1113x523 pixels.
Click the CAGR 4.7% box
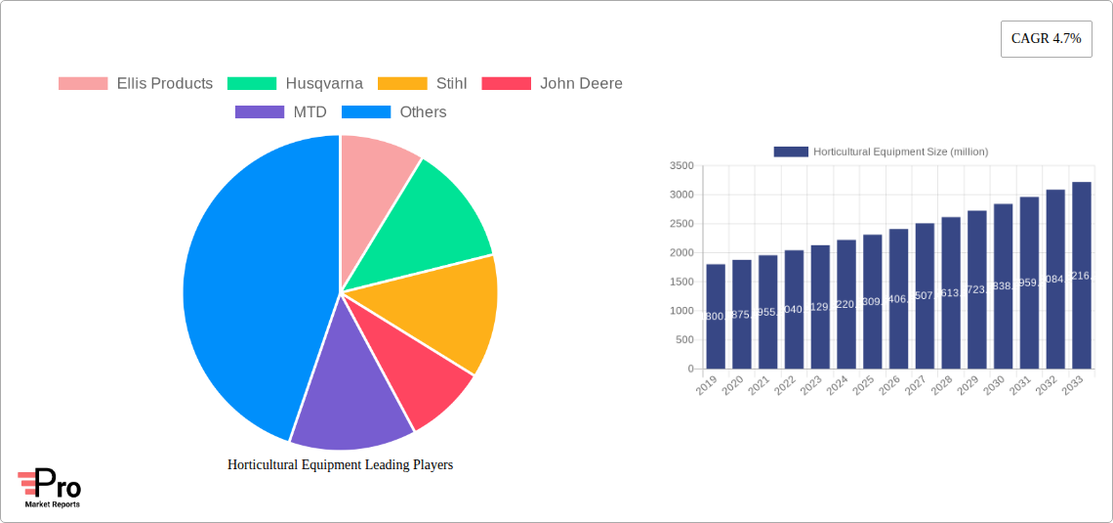pyautogui.click(x=1046, y=39)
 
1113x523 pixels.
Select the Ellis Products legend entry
pyautogui.click(x=136, y=84)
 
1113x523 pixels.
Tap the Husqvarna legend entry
pyautogui.click(x=296, y=84)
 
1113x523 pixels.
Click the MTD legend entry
pyautogui.click(x=281, y=112)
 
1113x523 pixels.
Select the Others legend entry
pyautogui.click(x=394, y=112)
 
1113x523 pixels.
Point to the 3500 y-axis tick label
pyautogui.click(x=682, y=166)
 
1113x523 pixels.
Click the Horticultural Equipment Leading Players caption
pyautogui.click(x=340, y=465)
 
